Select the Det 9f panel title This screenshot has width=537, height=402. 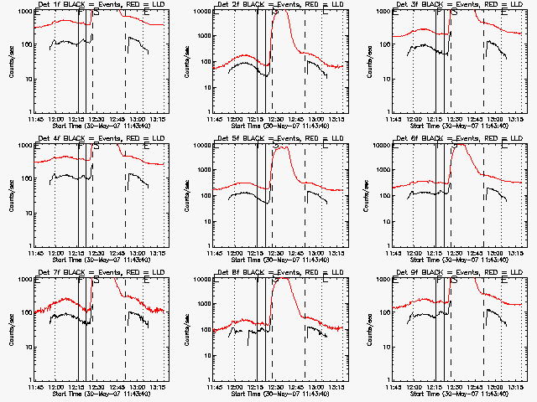click(457, 273)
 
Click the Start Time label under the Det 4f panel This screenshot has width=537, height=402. click(99, 260)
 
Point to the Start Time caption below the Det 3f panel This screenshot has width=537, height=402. click(457, 126)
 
